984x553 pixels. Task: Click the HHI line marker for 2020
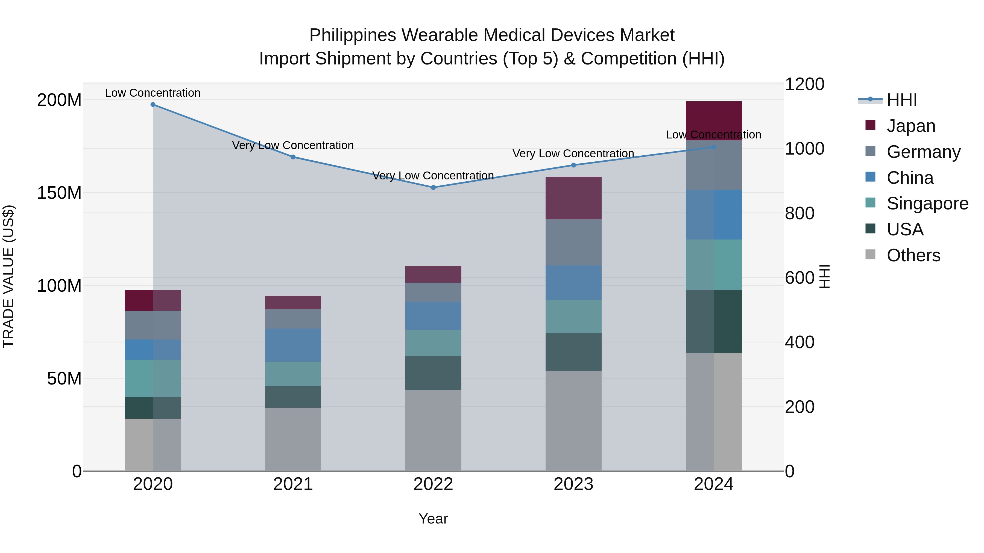pyautogui.click(x=153, y=105)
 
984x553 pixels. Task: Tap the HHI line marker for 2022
pyautogui.click(x=433, y=187)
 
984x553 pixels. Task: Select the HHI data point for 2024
pyautogui.click(x=714, y=147)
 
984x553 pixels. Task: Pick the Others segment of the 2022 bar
pyautogui.click(x=433, y=430)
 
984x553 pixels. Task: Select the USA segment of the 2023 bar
pyautogui.click(x=573, y=352)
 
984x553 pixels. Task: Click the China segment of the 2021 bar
pyautogui.click(x=293, y=345)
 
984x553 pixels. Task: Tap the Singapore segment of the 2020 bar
pyautogui.click(x=153, y=378)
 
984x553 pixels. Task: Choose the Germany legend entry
pyautogui.click(x=923, y=152)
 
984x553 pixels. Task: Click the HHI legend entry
pyautogui.click(x=901, y=100)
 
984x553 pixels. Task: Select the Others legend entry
pyautogui.click(x=913, y=255)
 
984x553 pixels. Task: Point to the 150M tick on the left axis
pyautogui.click(x=59, y=193)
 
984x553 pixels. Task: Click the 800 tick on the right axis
pyautogui.click(x=799, y=213)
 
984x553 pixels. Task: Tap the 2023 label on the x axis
pyautogui.click(x=573, y=484)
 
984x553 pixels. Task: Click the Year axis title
pyautogui.click(x=433, y=519)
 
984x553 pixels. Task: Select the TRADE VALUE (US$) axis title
pyautogui.click(x=8, y=277)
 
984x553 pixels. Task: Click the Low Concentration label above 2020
pyautogui.click(x=153, y=93)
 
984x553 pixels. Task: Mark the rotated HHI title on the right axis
pyautogui.click(x=824, y=277)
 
